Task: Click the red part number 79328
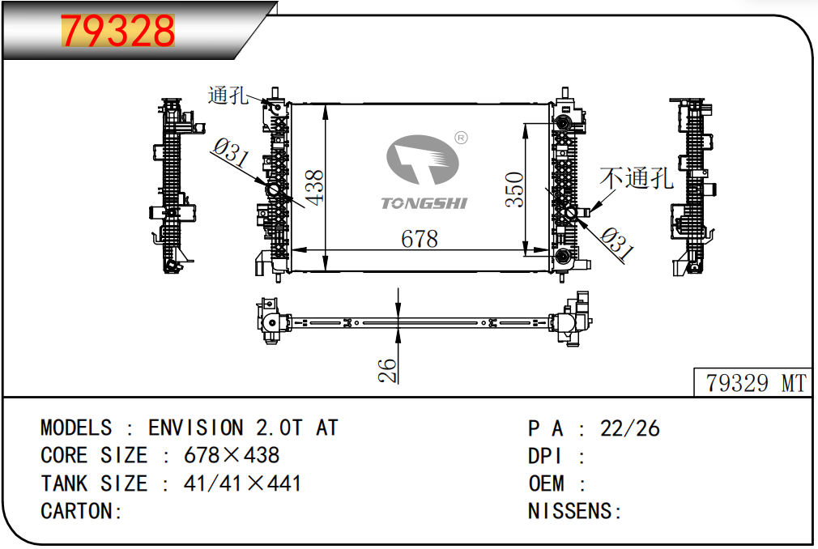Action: (x=118, y=31)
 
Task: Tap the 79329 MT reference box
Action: (x=752, y=382)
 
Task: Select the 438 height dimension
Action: (x=314, y=188)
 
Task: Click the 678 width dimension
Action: (x=420, y=239)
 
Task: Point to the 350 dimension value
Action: (x=514, y=189)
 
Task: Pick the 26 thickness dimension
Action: (x=387, y=371)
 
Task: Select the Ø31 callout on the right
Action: (x=617, y=244)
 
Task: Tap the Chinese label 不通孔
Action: (x=637, y=178)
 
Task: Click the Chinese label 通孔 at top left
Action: (x=228, y=95)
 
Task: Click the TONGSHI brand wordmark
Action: (x=424, y=202)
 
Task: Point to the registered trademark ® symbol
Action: (x=461, y=138)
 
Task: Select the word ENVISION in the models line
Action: (x=196, y=428)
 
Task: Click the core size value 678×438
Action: (x=232, y=455)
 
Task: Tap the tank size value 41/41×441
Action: (x=242, y=483)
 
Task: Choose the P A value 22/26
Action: (x=629, y=428)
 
